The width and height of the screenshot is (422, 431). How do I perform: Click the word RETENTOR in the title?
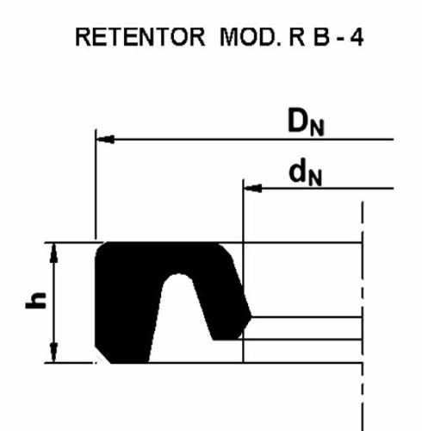pos(140,37)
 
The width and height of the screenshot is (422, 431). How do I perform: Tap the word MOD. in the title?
pos(249,37)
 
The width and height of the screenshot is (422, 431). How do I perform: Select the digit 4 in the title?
pos(357,37)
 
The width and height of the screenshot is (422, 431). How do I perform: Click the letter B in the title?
pos(321,37)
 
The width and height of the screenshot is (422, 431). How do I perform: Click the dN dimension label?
pos(306,173)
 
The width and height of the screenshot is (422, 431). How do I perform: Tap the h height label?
pos(36,301)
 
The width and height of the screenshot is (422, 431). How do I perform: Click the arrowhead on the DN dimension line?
pos(105,140)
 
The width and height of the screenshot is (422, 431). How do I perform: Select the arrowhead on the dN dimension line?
pos(253,189)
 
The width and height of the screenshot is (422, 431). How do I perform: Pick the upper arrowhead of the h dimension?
pos(53,253)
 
